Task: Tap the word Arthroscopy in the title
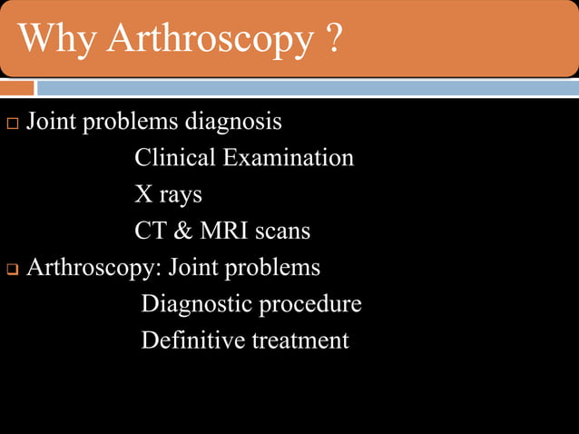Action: (x=208, y=40)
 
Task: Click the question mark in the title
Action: (x=332, y=38)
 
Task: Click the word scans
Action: (x=282, y=232)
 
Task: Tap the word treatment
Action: (x=300, y=341)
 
